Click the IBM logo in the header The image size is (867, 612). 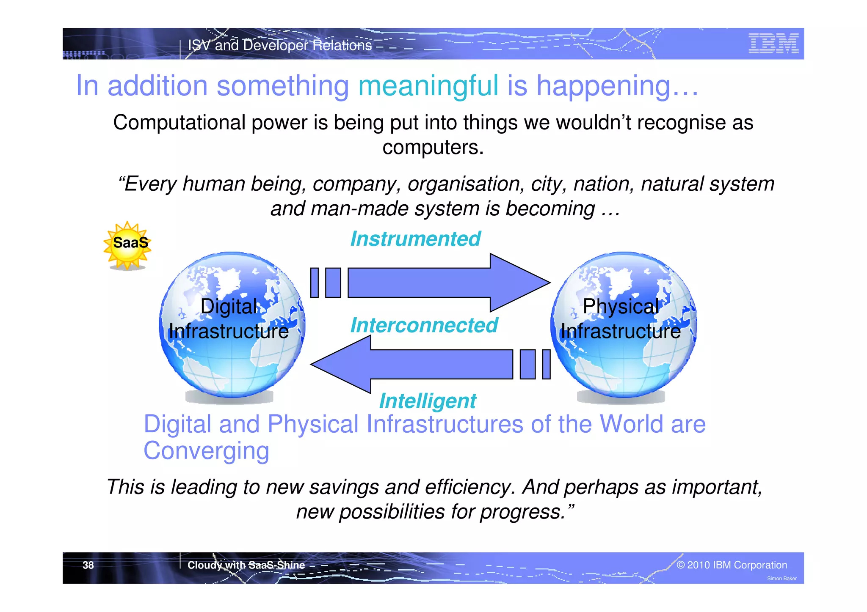pyautogui.click(x=773, y=44)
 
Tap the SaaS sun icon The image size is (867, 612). pyautogui.click(x=127, y=244)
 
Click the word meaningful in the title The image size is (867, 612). pyautogui.click(x=428, y=86)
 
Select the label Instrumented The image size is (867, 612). pyautogui.click(x=415, y=239)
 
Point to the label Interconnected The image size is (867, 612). pyautogui.click(x=424, y=326)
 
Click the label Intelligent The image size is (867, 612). pyautogui.click(x=427, y=401)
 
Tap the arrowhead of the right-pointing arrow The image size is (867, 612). pyautogui.click(x=520, y=283)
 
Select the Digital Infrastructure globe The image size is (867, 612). pyautogui.click(x=232, y=325)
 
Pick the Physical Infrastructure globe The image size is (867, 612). pyautogui.click(x=623, y=325)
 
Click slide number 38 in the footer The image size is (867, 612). pyautogui.click(x=88, y=565)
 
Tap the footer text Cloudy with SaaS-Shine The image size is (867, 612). pyautogui.click(x=246, y=565)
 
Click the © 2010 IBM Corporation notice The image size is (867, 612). pyautogui.click(x=732, y=565)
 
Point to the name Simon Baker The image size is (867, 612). pyautogui.click(x=781, y=579)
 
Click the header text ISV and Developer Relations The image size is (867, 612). pyautogui.click(x=280, y=45)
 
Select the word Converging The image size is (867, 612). pyautogui.click(x=206, y=451)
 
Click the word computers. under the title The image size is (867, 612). pyautogui.click(x=433, y=148)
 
